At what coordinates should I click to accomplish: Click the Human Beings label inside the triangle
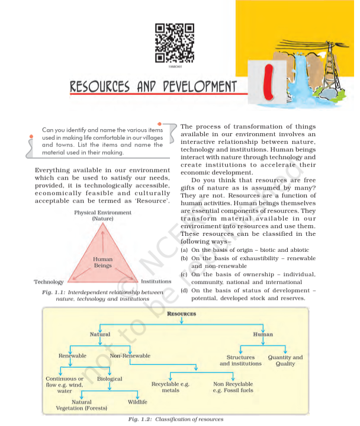(x=102, y=262)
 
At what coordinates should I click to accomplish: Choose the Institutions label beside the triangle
(x=156, y=281)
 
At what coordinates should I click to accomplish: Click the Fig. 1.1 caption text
(x=102, y=296)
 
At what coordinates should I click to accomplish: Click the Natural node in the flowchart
(x=99, y=334)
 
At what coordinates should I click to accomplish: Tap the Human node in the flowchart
(x=263, y=334)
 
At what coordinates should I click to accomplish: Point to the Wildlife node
(x=137, y=402)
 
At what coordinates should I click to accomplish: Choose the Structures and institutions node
(x=240, y=360)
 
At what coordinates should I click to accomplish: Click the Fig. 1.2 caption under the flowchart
(x=176, y=419)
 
